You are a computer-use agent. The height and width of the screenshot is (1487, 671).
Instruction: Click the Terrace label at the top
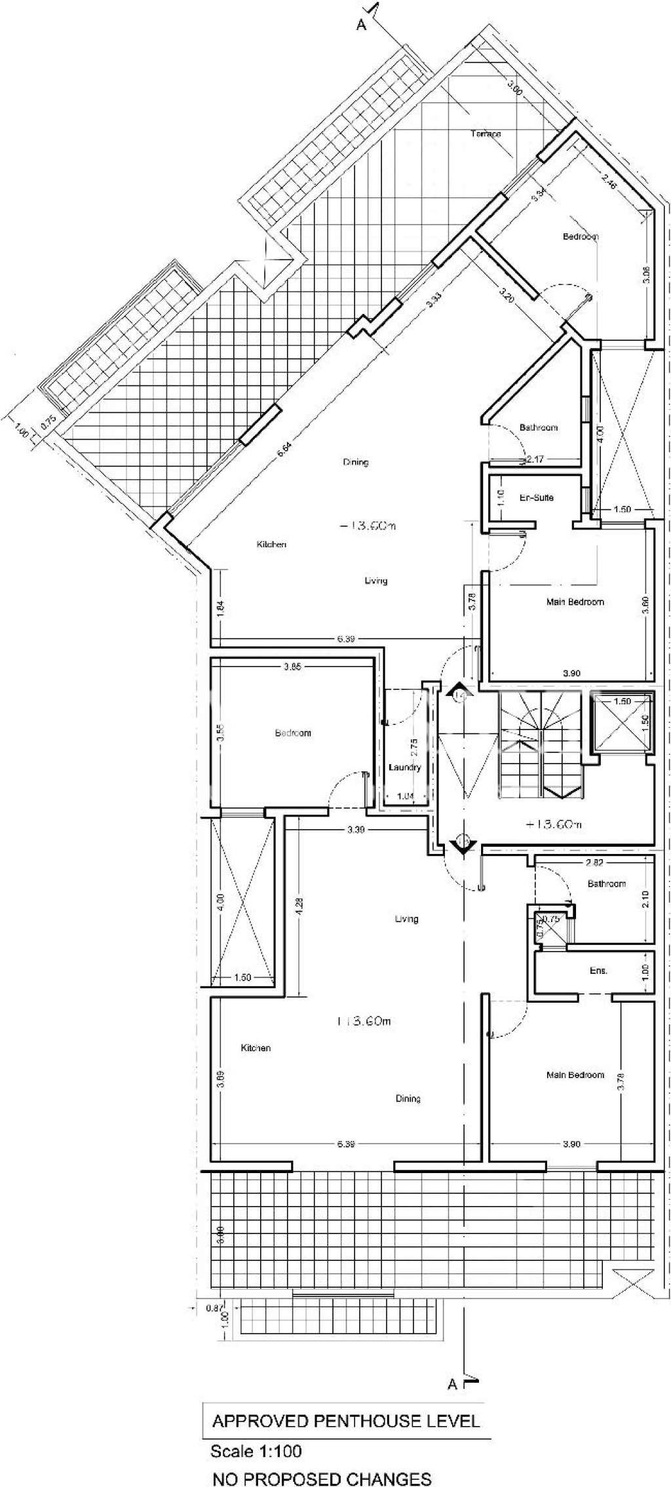(x=486, y=134)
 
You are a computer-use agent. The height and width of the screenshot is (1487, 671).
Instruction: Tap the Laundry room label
(x=404, y=767)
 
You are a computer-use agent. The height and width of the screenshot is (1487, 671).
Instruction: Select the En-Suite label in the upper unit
(x=536, y=497)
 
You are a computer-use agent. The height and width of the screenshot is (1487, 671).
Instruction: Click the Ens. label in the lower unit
(x=598, y=970)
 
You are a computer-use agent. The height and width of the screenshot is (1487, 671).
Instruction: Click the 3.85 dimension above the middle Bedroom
(x=292, y=667)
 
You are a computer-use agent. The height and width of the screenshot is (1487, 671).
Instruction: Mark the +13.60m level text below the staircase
(x=554, y=825)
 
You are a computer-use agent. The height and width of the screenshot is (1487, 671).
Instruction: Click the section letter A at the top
(x=360, y=25)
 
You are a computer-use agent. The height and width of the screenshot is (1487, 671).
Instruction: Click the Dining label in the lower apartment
(x=408, y=1098)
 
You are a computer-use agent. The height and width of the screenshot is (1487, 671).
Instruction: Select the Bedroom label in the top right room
(x=580, y=237)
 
